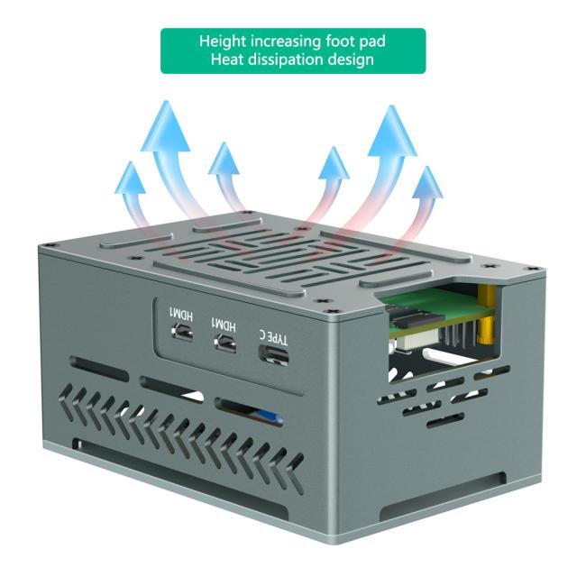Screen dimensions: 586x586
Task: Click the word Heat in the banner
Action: point(230,60)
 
